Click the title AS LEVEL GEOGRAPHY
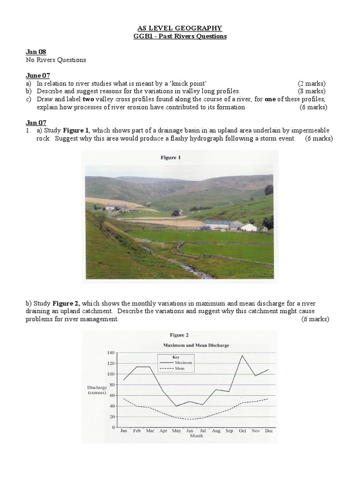tap(180, 28)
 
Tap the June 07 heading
tap(37, 75)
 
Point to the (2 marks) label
tap(311, 83)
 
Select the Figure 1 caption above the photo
tap(171, 158)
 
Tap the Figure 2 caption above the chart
tap(179, 335)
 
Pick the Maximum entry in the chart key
tap(180, 362)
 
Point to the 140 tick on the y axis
tap(111, 352)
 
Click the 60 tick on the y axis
tap(112, 395)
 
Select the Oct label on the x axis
tap(242, 430)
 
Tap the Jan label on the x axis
tap(124, 430)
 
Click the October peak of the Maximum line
tap(242, 355)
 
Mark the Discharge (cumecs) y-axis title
tap(97, 390)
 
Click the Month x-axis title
tap(196, 436)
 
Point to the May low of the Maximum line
tap(176, 406)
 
